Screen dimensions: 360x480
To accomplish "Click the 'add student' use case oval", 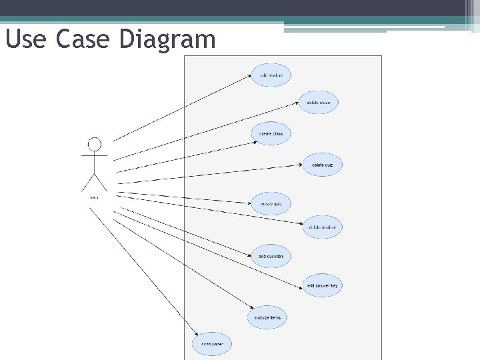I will (x=271, y=75).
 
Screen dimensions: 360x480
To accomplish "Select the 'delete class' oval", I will (x=319, y=102).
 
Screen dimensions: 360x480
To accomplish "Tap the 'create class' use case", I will (x=271, y=133).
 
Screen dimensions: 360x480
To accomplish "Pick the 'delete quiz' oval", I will (x=323, y=165).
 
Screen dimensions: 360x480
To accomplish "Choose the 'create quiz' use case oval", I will (x=271, y=203).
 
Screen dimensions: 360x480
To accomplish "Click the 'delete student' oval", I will (x=323, y=227).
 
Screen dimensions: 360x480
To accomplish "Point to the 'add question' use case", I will (x=271, y=256).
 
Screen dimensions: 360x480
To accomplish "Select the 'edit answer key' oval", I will (x=323, y=286).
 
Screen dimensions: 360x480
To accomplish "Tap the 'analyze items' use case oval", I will (x=267, y=317).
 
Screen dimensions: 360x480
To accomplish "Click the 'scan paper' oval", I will (x=212, y=345).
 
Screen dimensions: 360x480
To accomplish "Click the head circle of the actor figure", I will (x=95, y=144).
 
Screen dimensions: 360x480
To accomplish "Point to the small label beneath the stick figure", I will (x=94, y=197).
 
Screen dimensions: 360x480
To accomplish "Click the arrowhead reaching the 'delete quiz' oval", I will (x=302, y=164).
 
